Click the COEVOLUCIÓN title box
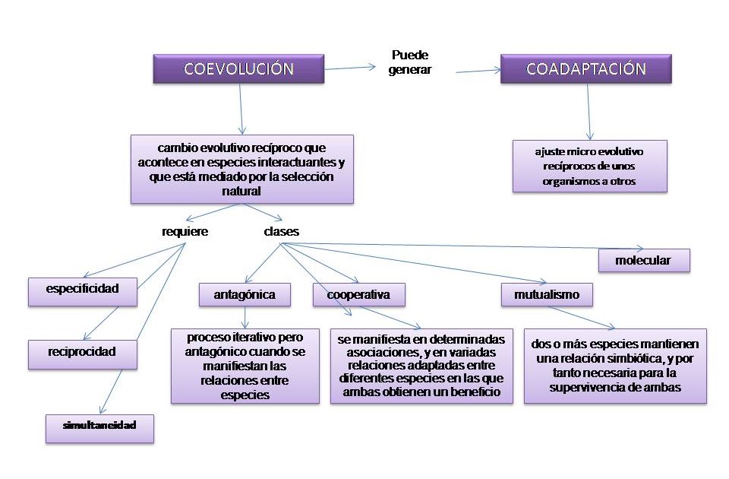pos(238,69)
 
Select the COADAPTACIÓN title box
pos(585,69)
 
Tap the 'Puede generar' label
pos(412,62)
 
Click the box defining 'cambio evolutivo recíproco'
pos(241,169)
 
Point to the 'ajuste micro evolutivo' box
pos(589,166)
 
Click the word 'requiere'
pos(185,231)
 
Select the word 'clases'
pos(281,231)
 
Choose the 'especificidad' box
pos(83,290)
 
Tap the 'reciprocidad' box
pos(83,354)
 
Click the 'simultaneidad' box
pos(99,426)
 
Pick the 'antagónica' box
pos(245,294)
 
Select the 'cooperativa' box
pos(358,294)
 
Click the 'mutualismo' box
pos(546,294)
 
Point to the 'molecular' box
pos(643,260)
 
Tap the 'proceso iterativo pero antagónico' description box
pos(244,365)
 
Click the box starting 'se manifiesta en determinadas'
pos(421,365)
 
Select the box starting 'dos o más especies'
pos(615,365)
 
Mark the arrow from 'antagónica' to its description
pos(245,316)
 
